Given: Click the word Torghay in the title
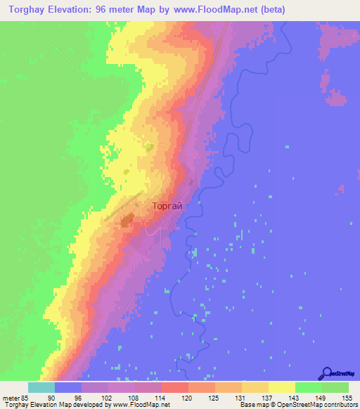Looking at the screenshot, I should tap(25, 9).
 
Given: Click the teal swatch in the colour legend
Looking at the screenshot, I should tap(41, 387).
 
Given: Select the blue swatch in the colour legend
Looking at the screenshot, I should tap(68, 387).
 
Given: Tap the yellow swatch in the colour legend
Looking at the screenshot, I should tap(282, 387).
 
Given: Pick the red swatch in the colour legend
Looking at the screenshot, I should tap(175, 387).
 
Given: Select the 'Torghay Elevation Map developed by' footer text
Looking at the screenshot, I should tap(53, 405).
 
